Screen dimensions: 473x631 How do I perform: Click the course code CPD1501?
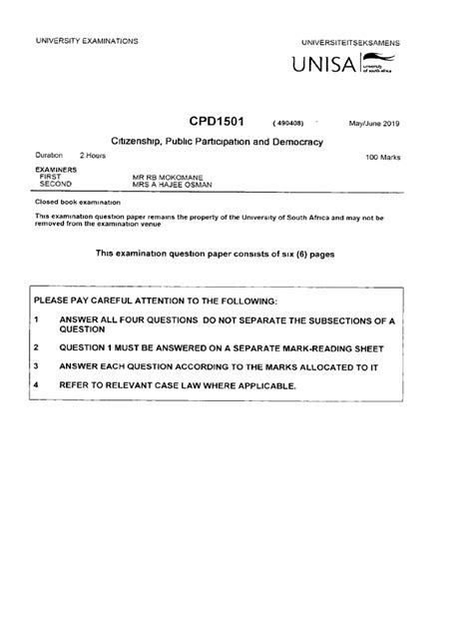(216, 123)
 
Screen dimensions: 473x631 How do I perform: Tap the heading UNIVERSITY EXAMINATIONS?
(87, 40)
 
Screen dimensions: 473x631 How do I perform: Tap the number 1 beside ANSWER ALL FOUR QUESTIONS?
(35, 320)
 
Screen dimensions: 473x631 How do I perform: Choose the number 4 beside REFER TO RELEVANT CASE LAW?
(35, 384)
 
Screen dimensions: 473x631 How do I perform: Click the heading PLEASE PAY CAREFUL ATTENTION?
(163, 301)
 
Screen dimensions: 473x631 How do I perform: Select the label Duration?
(48, 156)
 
